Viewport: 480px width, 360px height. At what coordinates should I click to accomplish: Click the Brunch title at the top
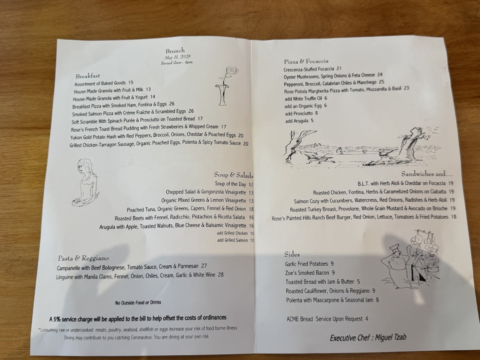[x=175, y=51]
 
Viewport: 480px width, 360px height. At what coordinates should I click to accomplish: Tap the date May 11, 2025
[x=177, y=57]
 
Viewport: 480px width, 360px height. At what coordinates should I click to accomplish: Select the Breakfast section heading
[x=88, y=76]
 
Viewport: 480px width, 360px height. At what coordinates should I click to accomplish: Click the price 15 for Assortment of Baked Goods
[x=131, y=83]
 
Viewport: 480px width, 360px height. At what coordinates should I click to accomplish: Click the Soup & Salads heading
[x=234, y=175]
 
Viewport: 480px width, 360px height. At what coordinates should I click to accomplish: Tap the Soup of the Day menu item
[x=230, y=184]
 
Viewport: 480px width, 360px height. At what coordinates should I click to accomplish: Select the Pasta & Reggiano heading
[x=83, y=258]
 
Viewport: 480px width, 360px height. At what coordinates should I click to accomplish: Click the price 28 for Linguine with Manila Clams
[x=221, y=274]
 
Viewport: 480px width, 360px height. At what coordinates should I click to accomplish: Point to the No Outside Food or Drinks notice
[x=138, y=302]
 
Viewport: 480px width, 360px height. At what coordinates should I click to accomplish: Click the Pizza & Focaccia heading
[x=306, y=61]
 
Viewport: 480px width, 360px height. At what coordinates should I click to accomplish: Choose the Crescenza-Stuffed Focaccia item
[x=309, y=69]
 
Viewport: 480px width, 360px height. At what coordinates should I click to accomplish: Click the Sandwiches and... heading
[x=427, y=174]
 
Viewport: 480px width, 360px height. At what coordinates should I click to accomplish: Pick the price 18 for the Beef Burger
[x=454, y=217]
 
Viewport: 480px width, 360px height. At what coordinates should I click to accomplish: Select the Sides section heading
[x=292, y=254]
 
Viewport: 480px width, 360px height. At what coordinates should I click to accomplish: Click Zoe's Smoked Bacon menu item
[x=307, y=273]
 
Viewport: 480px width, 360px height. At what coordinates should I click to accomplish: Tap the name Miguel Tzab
[x=390, y=337]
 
